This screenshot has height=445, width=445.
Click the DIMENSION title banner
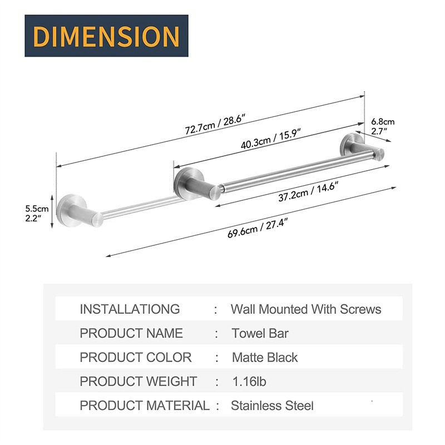pyautogui.click(x=106, y=36)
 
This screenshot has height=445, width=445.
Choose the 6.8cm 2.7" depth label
pyautogui.click(x=383, y=126)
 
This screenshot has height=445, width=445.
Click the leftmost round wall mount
pyautogui.click(x=72, y=209)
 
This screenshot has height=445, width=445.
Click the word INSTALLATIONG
pyautogui.click(x=130, y=309)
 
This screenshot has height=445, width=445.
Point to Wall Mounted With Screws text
pyautogui.click(x=306, y=309)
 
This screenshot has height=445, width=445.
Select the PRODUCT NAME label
pyautogui.click(x=131, y=333)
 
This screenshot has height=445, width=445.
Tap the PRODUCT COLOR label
pyautogui.click(x=135, y=358)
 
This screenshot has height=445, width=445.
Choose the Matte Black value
pyautogui.click(x=264, y=358)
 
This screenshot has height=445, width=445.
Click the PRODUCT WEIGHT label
pyautogui.click(x=138, y=382)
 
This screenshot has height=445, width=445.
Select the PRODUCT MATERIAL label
pyautogui.click(x=145, y=406)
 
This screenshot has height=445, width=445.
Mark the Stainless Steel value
pyautogui.click(x=272, y=406)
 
